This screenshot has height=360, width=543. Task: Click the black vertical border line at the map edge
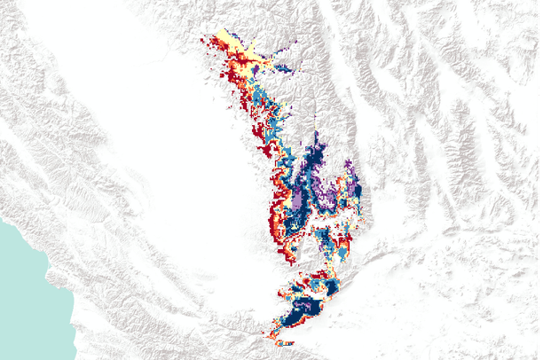(x=540, y=177)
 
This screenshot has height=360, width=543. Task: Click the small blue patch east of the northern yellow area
(x=283, y=67)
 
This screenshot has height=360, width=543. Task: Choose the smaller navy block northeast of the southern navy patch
(x=330, y=287)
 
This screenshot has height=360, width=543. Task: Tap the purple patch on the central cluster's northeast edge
(x=350, y=169)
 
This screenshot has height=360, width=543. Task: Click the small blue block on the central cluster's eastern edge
(x=358, y=191)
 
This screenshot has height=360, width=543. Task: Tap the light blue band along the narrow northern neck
(x=263, y=98)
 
